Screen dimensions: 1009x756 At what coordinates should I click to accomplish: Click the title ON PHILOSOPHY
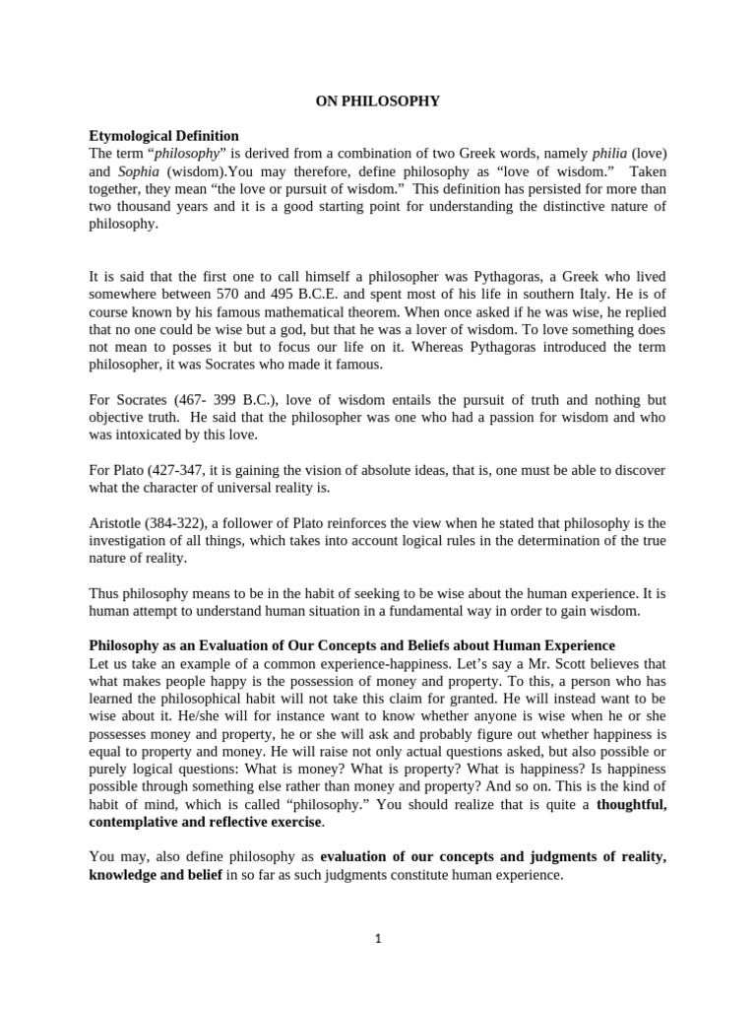377,101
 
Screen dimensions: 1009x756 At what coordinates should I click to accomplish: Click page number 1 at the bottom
377,939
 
